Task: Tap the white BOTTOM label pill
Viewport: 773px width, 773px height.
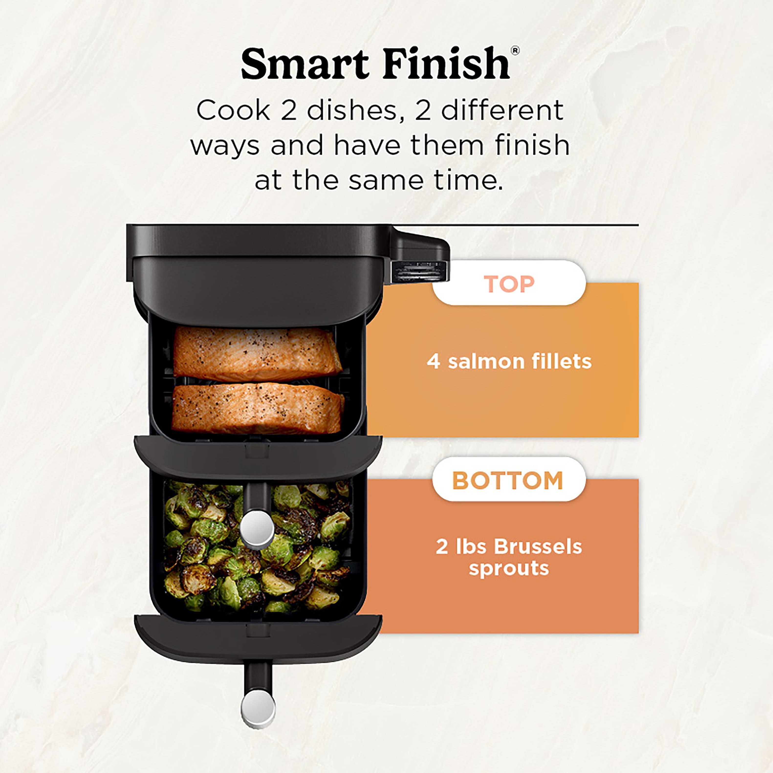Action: coord(509,480)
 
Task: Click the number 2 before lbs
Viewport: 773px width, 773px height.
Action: coord(442,546)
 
